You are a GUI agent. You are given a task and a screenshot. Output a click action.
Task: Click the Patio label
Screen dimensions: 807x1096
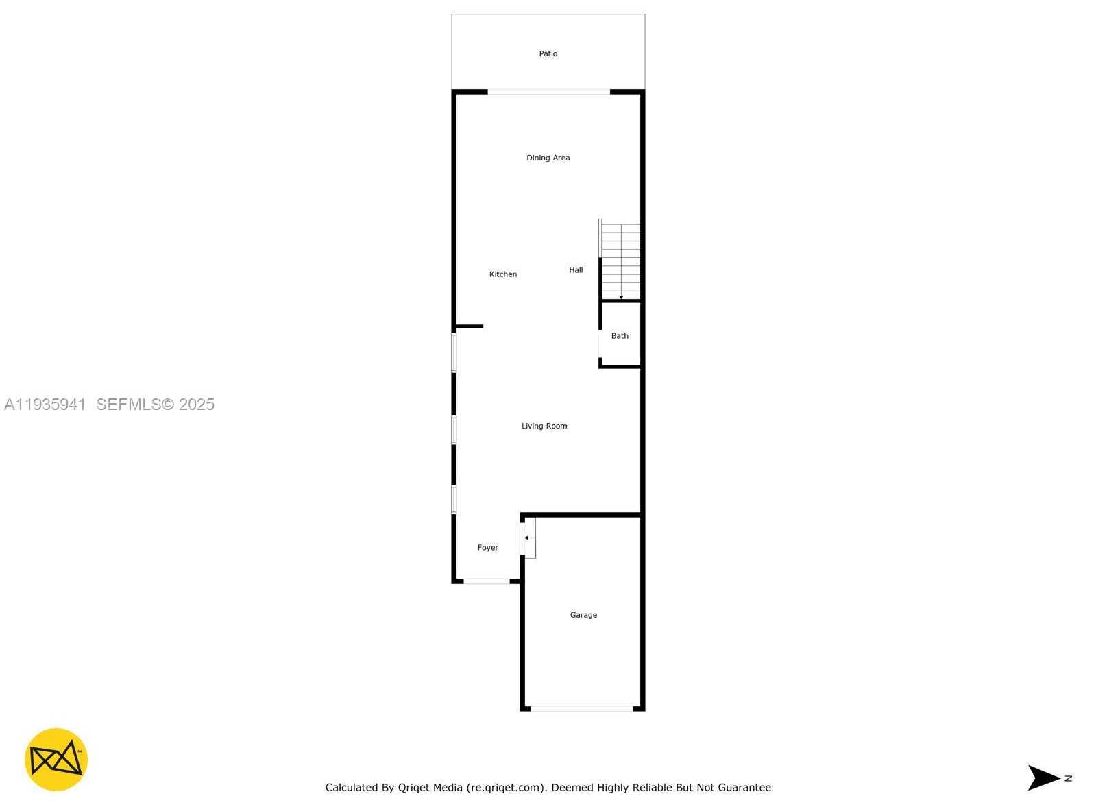(x=548, y=53)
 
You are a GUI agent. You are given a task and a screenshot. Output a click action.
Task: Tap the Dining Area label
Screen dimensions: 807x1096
(x=548, y=158)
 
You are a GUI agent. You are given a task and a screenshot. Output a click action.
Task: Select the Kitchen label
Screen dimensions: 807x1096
(x=502, y=274)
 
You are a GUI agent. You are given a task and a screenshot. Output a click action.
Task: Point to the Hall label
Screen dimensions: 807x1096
(x=576, y=270)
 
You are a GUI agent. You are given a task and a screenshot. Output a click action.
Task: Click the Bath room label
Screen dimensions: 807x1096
(x=620, y=336)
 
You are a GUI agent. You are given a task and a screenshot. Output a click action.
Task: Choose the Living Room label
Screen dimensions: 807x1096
(x=544, y=426)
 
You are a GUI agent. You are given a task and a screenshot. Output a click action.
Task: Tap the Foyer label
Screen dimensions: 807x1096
(x=487, y=548)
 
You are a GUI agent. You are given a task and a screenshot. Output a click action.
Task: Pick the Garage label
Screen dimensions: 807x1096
(x=583, y=615)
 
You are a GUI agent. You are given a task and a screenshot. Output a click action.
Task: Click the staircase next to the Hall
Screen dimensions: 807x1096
(x=620, y=261)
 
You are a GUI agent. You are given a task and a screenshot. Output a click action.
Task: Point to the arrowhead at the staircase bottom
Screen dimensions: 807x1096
(x=621, y=297)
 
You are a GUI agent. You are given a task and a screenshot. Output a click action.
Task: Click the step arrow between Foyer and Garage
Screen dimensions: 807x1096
(x=528, y=538)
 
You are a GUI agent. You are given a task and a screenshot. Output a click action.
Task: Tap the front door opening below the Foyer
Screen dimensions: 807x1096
(x=486, y=581)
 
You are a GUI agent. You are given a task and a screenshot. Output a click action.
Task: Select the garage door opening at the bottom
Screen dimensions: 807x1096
(x=581, y=708)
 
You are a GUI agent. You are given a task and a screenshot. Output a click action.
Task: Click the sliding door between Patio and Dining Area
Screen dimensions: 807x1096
(x=548, y=91)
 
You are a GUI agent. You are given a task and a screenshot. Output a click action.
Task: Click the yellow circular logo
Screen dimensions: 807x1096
(x=56, y=760)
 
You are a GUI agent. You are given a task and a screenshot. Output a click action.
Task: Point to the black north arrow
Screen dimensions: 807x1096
(x=1043, y=778)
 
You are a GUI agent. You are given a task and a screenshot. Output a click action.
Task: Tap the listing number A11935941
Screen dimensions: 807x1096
(x=45, y=405)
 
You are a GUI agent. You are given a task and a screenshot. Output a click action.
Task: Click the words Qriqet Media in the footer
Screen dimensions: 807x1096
(x=430, y=788)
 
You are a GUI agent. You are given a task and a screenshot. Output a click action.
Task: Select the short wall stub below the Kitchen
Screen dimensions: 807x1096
(x=470, y=326)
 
